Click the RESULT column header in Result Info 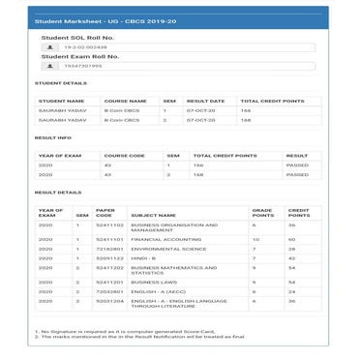pyautogui.click(x=296, y=155)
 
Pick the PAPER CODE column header pyautogui.click(x=105, y=212)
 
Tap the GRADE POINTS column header pyautogui.click(x=262, y=212)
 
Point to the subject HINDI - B pyautogui.click(x=144, y=258)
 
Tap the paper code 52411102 pyautogui.click(x=109, y=225)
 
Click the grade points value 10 pyautogui.click(x=254, y=238)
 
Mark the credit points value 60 pyautogui.click(x=291, y=238)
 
